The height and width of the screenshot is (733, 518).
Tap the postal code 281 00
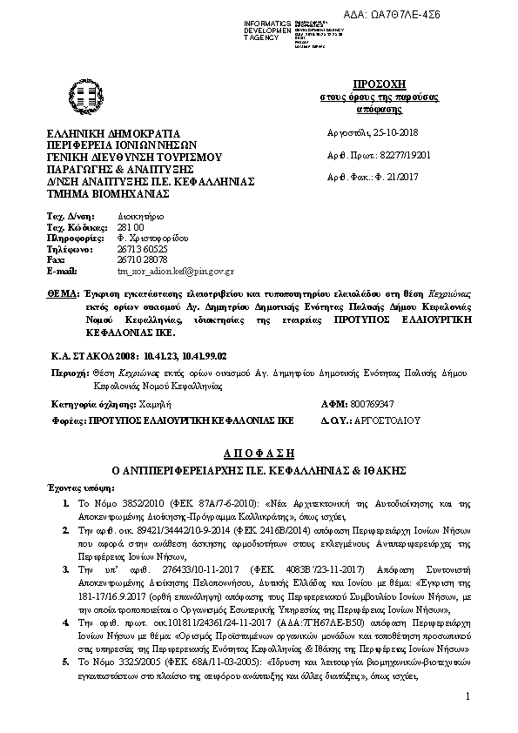(129, 225)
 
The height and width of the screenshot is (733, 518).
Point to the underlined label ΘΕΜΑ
(62, 296)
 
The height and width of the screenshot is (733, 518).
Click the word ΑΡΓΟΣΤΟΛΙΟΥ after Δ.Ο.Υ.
(384, 419)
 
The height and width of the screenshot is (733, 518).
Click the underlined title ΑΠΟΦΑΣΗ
(259, 454)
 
